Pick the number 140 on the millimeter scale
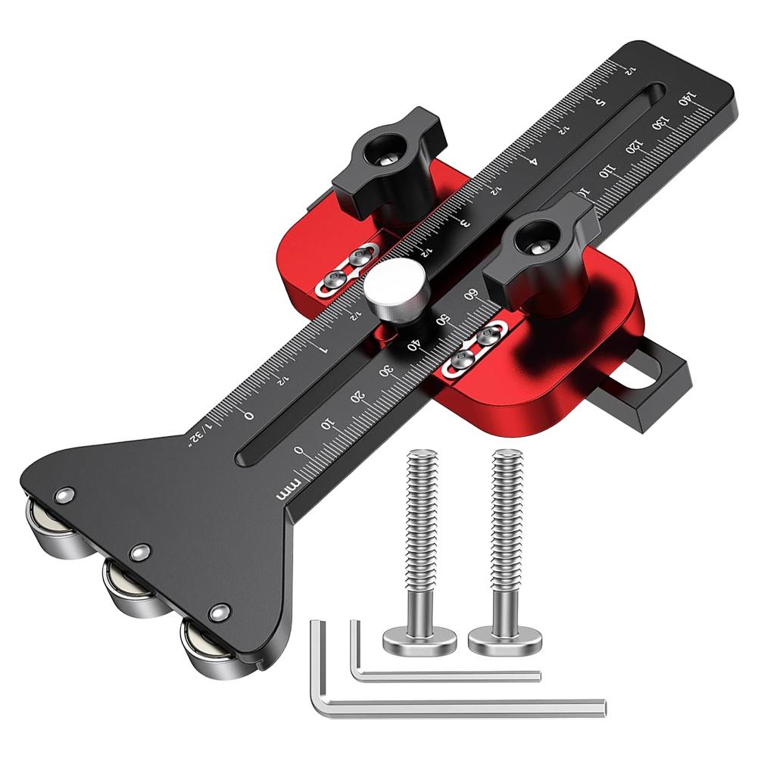point(687,99)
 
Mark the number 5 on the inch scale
point(600,101)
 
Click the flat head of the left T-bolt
point(419,642)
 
